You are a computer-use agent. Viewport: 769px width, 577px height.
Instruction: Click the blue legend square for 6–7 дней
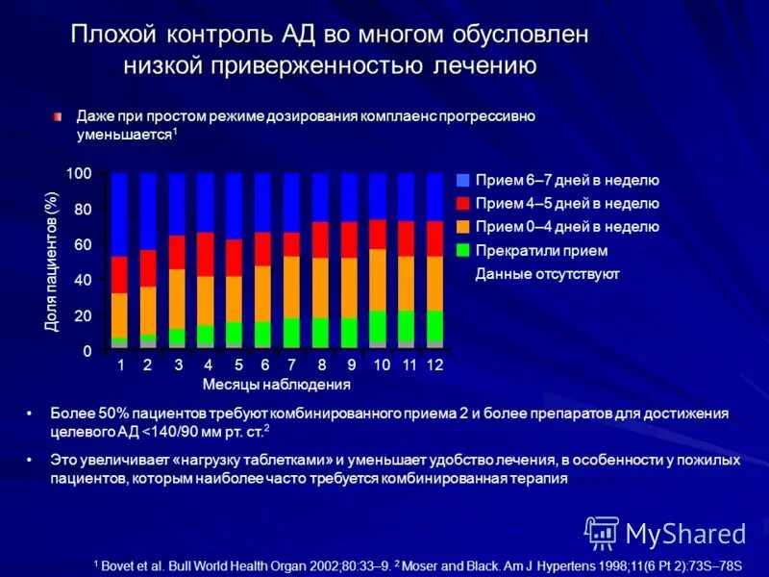click(x=463, y=181)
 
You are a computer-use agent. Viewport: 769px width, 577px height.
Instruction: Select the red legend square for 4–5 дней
click(x=463, y=204)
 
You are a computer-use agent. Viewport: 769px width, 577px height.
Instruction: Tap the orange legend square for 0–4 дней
click(x=463, y=227)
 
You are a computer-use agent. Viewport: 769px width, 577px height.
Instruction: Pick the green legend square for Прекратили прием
click(x=463, y=250)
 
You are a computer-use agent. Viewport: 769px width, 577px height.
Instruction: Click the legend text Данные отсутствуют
click(x=547, y=274)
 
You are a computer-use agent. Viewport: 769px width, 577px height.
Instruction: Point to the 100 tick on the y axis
click(x=78, y=173)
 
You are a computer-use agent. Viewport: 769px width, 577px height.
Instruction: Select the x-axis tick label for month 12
click(x=434, y=365)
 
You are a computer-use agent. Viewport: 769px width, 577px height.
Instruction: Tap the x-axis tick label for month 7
click(x=291, y=365)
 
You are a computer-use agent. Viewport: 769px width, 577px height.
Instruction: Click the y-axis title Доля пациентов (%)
click(x=52, y=262)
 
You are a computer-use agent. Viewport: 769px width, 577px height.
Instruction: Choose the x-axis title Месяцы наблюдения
click(x=277, y=385)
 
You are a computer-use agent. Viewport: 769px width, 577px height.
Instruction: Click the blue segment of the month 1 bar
click(x=119, y=213)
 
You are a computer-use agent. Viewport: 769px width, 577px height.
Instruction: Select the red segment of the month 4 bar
click(x=206, y=254)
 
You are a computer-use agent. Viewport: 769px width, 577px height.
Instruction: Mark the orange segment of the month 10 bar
click(x=378, y=279)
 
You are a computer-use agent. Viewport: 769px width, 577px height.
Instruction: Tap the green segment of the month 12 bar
click(x=435, y=325)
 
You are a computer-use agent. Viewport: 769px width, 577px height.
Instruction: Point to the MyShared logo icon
click(x=602, y=532)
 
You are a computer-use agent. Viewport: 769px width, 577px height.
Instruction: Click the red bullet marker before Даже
click(x=58, y=115)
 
